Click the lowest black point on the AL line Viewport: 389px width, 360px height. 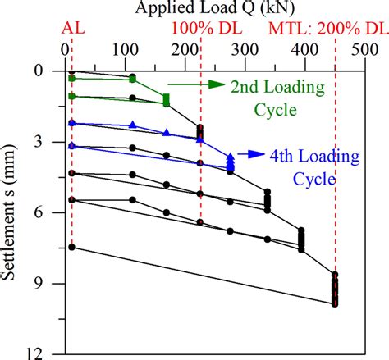pyautogui.click(x=72, y=247)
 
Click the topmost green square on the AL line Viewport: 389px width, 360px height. pyautogui.click(x=72, y=78)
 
